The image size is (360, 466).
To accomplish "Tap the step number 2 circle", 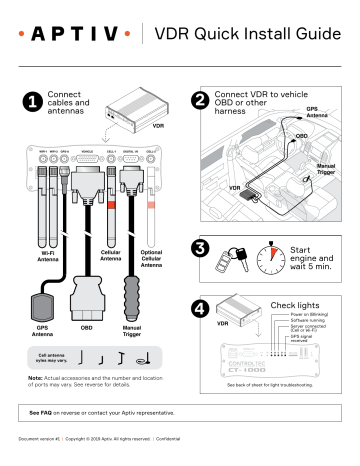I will [200, 101].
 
